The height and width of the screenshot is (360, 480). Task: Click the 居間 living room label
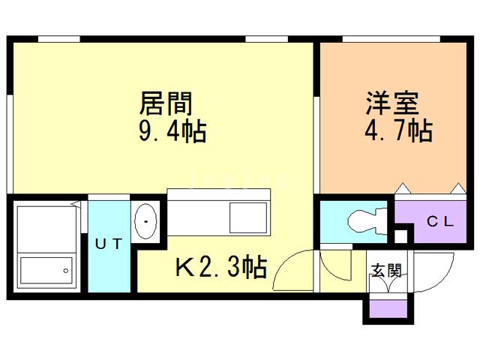point(166,103)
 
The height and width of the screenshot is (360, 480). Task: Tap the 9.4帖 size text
point(172,131)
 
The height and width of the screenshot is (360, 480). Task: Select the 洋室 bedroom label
point(392,103)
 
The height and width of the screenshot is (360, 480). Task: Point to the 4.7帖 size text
point(398,130)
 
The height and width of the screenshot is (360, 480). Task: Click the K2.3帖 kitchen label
point(221,267)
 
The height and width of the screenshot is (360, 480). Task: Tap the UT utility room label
point(109,244)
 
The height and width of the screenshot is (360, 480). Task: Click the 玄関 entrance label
point(386,270)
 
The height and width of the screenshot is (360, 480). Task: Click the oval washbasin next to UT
point(145,221)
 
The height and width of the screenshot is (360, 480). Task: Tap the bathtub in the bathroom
point(46,270)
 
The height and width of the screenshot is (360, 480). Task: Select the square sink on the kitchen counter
point(248,217)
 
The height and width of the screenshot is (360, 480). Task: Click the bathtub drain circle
point(65,271)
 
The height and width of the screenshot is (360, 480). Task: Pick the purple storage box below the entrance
point(388,308)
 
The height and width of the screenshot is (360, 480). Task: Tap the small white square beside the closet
point(400,236)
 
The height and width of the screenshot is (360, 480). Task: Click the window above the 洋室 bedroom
point(391,39)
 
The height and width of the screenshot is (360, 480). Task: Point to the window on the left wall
point(10,144)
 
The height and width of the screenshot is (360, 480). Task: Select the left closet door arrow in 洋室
point(403,188)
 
